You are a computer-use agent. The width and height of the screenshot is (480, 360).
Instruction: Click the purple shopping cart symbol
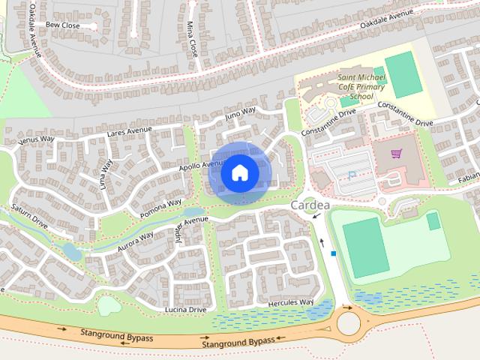point(396,154)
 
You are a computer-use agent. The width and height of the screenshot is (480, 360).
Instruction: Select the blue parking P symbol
point(352,175)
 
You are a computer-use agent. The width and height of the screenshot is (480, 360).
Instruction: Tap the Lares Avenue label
point(129,132)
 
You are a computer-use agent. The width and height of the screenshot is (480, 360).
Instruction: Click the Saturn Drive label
point(29,216)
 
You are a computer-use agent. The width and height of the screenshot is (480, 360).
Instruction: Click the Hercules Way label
point(292,302)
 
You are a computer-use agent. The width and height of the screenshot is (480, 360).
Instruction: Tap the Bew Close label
point(63,25)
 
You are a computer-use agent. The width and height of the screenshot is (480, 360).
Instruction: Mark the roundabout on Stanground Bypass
point(349,323)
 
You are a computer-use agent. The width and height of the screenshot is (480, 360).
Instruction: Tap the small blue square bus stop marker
point(333,253)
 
